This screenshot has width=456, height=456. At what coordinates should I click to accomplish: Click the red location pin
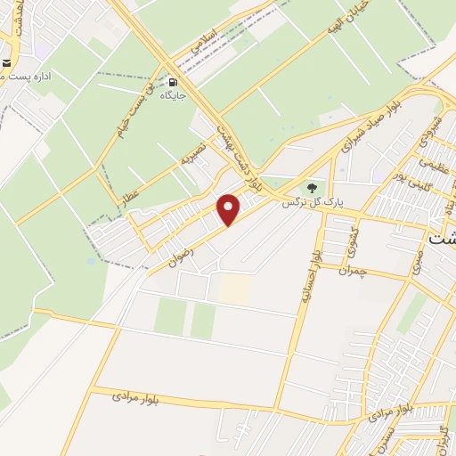tap(230, 208)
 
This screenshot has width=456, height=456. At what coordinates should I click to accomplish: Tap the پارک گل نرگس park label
tap(313, 203)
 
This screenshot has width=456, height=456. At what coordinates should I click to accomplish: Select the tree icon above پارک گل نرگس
tap(312, 188)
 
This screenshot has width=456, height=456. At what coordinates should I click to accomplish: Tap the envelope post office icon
tap(6, 63)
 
